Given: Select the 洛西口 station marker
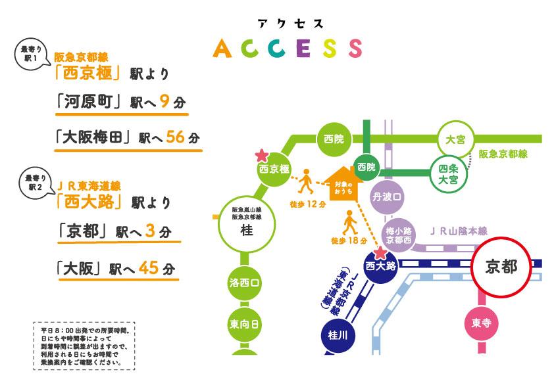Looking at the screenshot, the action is [244, 283].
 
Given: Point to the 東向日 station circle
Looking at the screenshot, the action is [244, 325].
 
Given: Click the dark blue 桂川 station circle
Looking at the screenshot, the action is [338, 335].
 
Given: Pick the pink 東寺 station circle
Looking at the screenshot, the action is [481, 323].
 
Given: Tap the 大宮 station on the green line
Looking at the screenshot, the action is [455, 139].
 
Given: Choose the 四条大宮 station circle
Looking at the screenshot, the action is [448, 174].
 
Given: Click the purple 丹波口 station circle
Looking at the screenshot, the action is [388, 196].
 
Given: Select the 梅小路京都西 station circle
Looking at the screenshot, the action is [399, 235].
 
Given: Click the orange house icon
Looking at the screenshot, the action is [343, 183].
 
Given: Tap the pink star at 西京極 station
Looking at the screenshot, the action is [262, 156].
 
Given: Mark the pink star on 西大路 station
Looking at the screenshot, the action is [380, 252].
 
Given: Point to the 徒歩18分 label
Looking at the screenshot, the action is [349, 241].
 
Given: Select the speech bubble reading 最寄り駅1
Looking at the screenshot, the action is [31, 54].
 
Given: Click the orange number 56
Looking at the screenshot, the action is [176, 137].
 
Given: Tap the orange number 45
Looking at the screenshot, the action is [149, 268].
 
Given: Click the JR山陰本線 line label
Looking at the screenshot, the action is [458, 231].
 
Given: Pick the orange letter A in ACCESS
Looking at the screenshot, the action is [222, 49].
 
